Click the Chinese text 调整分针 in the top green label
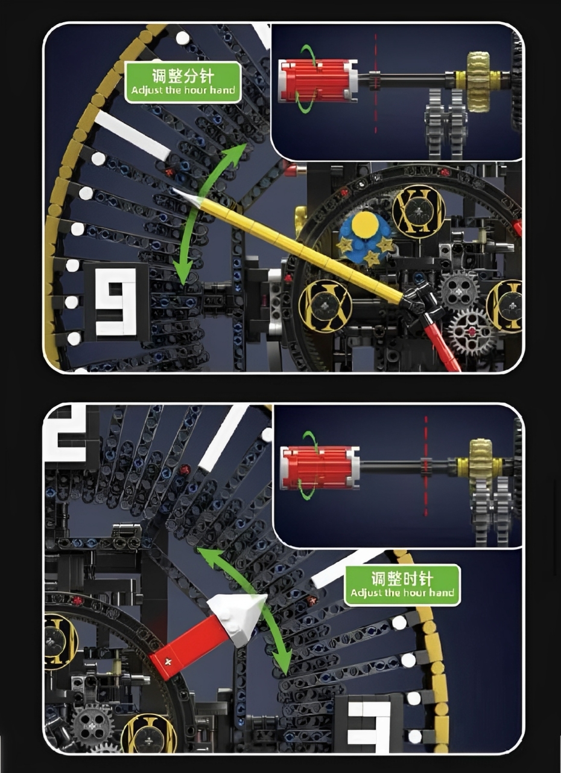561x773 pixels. pos(183,75)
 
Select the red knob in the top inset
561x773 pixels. pos(319,82)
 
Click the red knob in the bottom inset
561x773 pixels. pos(320,467)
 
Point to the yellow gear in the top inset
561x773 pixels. pos(478,82)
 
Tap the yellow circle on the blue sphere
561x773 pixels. pos(364,225)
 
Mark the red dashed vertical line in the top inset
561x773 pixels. pos(375,83)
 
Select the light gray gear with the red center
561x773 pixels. pos(472,332)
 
